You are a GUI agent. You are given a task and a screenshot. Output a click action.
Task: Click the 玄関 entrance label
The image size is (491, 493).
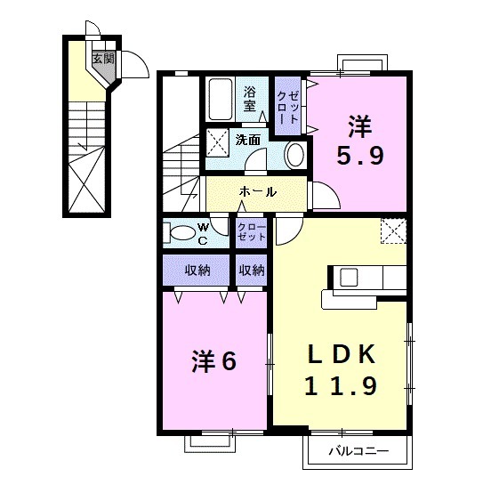point(103,60)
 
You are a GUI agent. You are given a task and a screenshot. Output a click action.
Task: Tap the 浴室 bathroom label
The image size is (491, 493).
point(251,98)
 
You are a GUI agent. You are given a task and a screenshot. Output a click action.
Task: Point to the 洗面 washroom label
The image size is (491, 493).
point(247,139)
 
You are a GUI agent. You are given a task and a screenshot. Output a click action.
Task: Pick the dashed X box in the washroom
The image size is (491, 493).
point(218,142)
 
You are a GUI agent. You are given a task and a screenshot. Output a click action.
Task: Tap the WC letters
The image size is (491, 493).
point(203,233)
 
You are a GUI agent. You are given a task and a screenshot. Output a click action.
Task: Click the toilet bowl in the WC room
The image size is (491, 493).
point(181,234)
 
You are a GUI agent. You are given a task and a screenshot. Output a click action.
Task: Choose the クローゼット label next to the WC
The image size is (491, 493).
point(252,233)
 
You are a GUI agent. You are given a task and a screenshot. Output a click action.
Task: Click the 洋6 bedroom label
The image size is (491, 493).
point(213,362)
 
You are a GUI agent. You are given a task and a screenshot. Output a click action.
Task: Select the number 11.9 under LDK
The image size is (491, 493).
point(342,386)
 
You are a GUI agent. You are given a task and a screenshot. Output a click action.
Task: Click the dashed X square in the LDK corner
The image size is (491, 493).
point(392,230)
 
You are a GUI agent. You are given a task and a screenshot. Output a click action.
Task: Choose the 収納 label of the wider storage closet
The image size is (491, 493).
point(197,270)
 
